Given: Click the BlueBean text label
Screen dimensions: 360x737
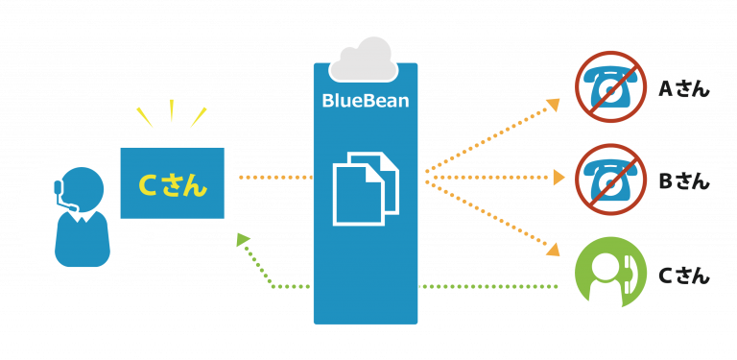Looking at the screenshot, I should coord(365,100).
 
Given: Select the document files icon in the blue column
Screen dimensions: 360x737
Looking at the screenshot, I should coord(365,187).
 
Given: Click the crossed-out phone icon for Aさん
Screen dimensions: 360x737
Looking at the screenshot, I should coord(608,86).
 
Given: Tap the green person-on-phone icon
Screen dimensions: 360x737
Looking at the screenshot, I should coord(609,272).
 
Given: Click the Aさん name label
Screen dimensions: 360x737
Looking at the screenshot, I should coord(683,89).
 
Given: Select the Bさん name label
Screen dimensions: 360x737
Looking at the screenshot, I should coord(683,180).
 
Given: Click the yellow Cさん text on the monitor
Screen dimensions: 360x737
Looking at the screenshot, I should coord(173,184).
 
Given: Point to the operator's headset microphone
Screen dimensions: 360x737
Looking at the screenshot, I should coord(68,204).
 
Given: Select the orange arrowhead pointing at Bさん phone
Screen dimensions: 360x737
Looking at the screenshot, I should coord(557,178).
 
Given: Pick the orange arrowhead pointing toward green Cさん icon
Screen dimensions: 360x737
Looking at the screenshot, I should coord(552,250).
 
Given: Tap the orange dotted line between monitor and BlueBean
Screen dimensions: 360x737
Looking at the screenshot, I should coord(273,178).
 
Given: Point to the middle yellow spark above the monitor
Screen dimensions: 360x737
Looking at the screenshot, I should coord(172,110).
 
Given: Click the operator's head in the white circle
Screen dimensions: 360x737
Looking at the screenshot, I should coord(83,187).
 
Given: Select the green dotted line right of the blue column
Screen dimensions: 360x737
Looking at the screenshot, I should coord(489,286).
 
